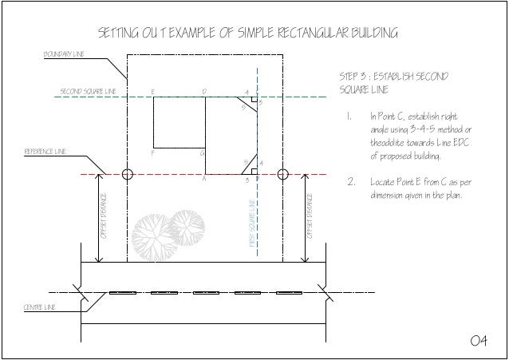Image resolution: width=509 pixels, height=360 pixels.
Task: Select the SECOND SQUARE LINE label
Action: [89, 92]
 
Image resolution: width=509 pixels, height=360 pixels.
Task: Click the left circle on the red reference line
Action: [128, 173]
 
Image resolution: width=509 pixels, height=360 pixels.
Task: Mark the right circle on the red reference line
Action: [282, 173]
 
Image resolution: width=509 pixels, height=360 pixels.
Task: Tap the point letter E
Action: [152, 92]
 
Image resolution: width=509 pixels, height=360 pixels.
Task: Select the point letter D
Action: [204, 92]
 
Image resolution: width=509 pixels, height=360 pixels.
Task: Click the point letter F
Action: [152, 152]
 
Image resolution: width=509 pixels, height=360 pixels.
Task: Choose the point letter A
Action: [205, 180]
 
